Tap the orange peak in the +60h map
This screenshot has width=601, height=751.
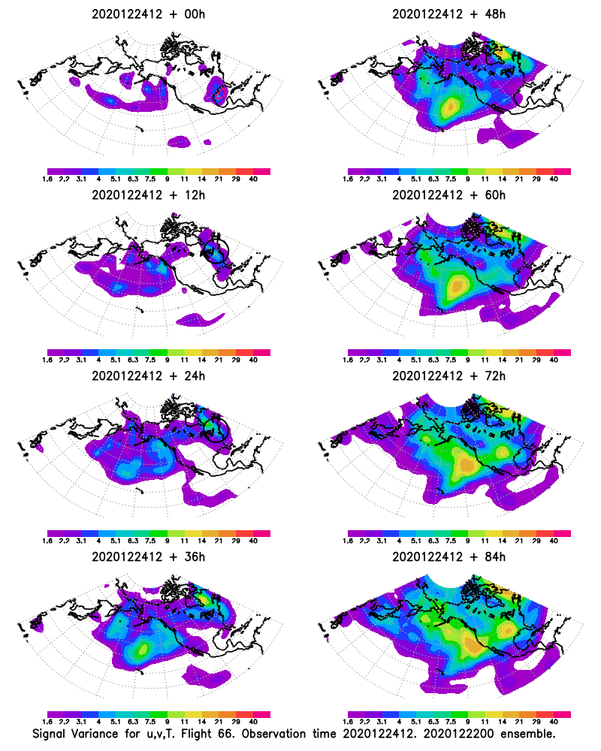click(456, 285)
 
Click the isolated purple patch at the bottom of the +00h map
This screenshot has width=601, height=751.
click(181, 140)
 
